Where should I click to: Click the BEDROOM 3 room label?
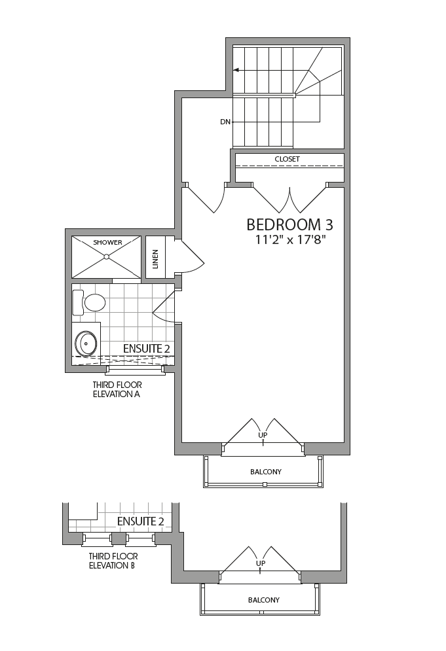click(289, 224)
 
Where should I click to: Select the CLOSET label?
click(287, 159)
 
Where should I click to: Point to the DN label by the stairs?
click(225, 122)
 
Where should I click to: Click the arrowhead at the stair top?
click(236, 70)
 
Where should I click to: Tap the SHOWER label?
click(107, 243)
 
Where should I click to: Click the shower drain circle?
click(106, 257)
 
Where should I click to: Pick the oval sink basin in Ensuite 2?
click(86, 342)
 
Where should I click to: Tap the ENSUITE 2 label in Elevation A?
click(147, 349)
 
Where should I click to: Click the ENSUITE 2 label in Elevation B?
click(140, 521)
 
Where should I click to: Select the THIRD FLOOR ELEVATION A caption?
click(117, 390)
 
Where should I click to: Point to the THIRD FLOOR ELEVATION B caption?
click(112, 561)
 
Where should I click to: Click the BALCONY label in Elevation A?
click(266, 472)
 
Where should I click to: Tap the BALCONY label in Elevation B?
click(263, 600)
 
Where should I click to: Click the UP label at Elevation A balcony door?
click(263, 435)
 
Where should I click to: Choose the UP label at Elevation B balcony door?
click(261, 563)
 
